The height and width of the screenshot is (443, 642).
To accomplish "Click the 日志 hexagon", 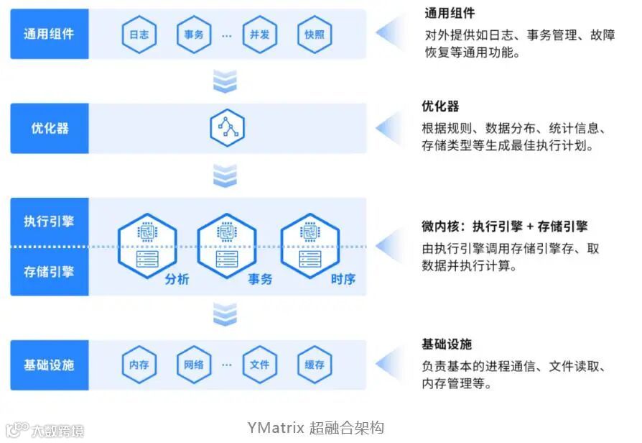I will click(x=139, y=35).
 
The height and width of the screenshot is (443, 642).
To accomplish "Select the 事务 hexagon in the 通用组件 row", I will click(x=194, y=35).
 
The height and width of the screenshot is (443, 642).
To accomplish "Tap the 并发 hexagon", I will click(x=259, y=35).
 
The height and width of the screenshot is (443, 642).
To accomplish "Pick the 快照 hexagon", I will click(x=315, y=35).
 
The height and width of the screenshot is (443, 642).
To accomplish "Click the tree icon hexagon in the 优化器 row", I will click(x=227, y=127).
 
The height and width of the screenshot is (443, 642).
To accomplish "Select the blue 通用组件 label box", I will click(x=49, y=34).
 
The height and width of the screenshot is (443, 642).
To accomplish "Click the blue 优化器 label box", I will click(x=49, y=128).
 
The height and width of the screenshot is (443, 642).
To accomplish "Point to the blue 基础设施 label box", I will click(x=49, y=365).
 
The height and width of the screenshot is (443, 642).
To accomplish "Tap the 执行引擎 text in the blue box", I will click(x=49, y=221).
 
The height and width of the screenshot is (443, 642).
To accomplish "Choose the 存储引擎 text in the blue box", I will click(x=49, y=272).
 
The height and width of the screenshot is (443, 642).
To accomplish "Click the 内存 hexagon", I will click(x=139, y=365).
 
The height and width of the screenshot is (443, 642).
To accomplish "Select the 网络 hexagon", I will click(x=194, y=365).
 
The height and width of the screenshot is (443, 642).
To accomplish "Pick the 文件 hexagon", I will click(x=259, y=365).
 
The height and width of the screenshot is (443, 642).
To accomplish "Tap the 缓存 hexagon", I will click(x=315, y=365).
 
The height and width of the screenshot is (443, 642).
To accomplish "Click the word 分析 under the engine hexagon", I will click(x=177, y=279).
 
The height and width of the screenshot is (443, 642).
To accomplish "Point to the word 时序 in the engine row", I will click(x=343, y=279).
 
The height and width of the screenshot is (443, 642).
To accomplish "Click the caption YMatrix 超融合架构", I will click(x=315, y=428).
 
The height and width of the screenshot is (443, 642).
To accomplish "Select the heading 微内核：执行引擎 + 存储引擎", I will click(x=504, y=227).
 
